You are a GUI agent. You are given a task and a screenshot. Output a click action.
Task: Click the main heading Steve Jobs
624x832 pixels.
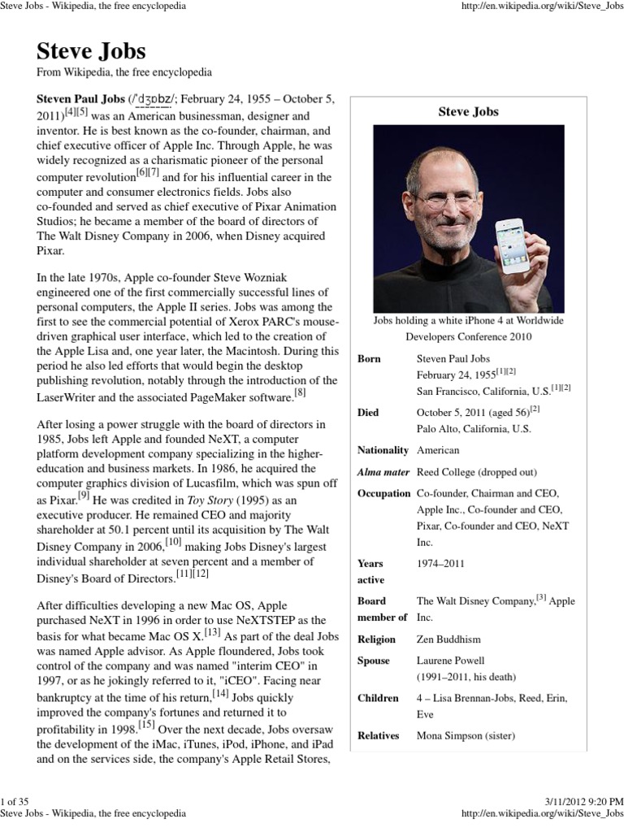[91, 51]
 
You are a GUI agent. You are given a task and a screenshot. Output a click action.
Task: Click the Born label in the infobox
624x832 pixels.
[369, 358]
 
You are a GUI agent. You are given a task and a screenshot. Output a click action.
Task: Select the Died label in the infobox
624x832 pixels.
[368, 413]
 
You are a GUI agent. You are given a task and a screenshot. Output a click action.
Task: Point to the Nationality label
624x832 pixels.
[383, 450]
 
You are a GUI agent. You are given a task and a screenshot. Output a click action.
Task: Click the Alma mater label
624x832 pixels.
[383, 472]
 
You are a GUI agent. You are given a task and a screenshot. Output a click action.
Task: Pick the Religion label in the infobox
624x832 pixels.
[376, 639]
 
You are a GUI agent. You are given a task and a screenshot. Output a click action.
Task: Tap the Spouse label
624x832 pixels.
[374, 661]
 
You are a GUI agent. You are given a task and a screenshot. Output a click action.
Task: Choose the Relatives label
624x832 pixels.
[379, 735]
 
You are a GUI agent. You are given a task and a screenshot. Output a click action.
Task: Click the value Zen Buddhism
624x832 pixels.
[448, 639]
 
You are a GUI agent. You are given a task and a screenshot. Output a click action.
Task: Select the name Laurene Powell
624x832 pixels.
[450, 661]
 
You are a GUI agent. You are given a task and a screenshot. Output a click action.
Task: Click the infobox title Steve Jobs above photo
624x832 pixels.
[468, 111]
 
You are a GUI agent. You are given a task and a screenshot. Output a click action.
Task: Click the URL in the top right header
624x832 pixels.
[541, 6]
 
